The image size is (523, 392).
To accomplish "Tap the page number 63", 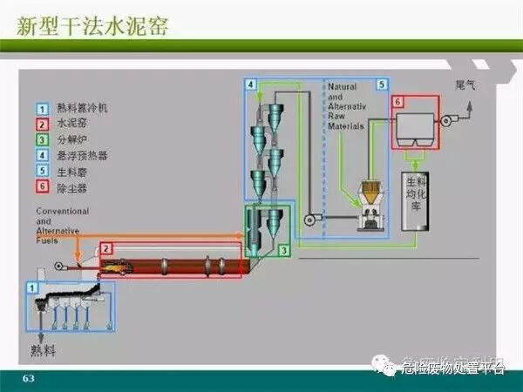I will (x=28, y=378).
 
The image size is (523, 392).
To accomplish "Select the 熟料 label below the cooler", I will (x=42, y=351).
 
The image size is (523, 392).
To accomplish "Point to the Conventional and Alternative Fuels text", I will (x=63, y=225).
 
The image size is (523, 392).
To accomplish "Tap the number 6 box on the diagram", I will (x=398, y=102).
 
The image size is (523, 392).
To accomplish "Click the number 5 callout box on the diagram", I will (x=381, y=84).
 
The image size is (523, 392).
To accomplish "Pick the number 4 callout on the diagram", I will (x=251, y=84).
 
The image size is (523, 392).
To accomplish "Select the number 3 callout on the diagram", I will (x=284, y=250).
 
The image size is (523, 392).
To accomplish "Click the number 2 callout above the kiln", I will (x=105, y=249).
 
